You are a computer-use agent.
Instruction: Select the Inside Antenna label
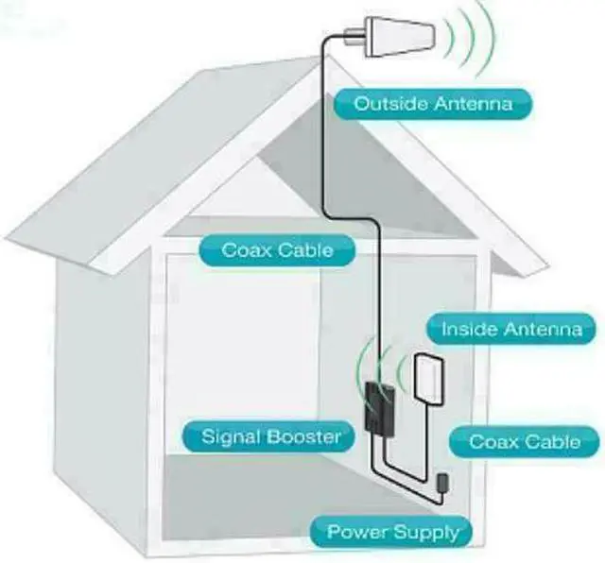511,330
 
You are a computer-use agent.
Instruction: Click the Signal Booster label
271,437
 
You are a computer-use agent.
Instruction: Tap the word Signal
231,437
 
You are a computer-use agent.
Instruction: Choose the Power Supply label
391,531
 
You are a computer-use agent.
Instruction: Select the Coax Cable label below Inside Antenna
523,441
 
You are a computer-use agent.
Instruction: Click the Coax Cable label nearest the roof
277,250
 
